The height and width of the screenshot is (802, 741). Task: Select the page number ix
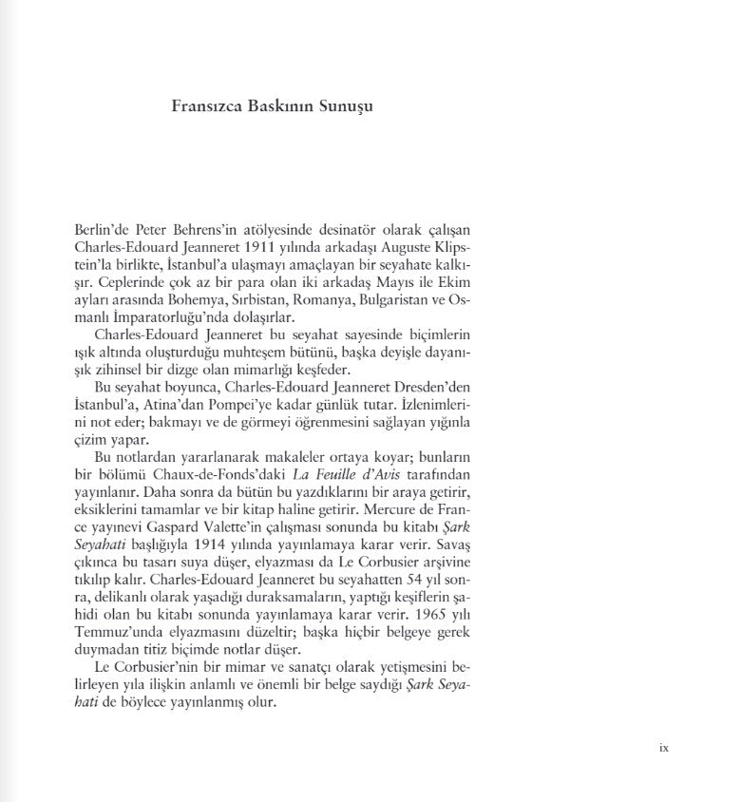664,748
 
